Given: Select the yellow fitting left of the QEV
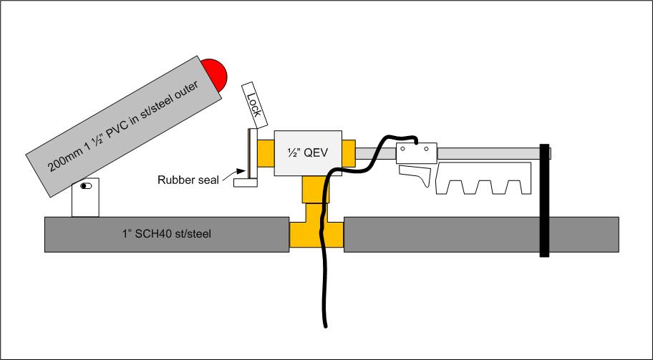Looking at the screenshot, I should pos(264,152).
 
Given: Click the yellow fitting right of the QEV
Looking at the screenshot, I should pos(349,152).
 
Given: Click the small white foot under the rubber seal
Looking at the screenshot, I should pos(245,183).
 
